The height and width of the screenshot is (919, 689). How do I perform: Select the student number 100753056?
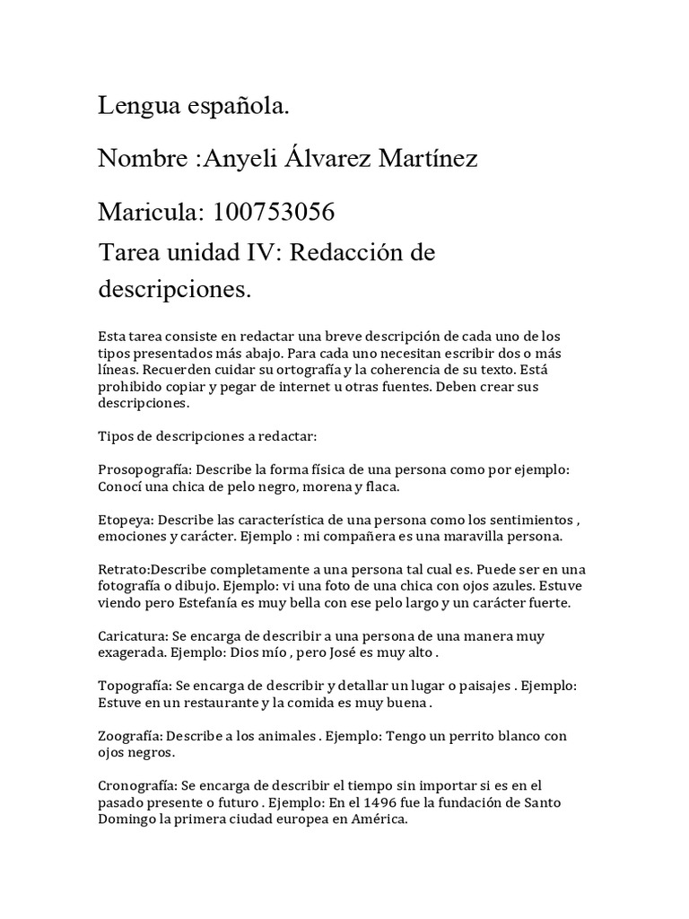[272, 213]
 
